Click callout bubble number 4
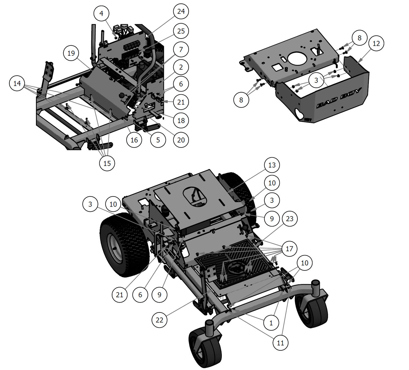point(101,13)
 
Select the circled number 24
point(181,11)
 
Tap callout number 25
point(181,31)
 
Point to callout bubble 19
point(71,53)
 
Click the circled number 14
point(17,83)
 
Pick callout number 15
point(107,163)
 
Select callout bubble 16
point(134,140)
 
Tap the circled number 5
point(158,140)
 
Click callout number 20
point(181,140)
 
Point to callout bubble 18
point(181,120)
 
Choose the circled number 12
point(376,43)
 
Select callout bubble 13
point(272,165)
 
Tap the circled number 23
point(290,219)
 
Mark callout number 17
point(289,249)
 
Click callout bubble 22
point(160,320)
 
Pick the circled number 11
point(280,343)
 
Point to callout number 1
point(271,323)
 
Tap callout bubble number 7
point(181,50)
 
